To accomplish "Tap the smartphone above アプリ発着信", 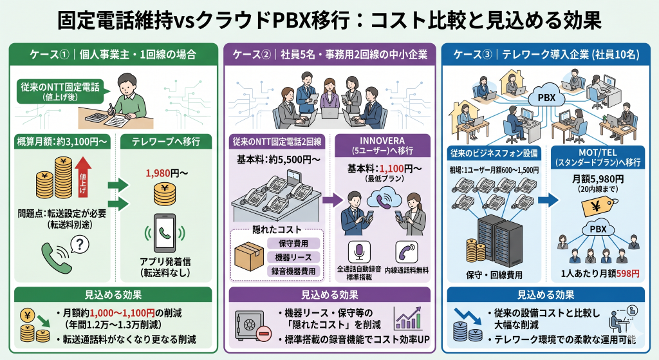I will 166,232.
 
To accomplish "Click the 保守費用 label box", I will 293,244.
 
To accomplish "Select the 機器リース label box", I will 293,258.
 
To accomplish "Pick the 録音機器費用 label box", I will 293,271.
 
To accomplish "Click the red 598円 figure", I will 627,274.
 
